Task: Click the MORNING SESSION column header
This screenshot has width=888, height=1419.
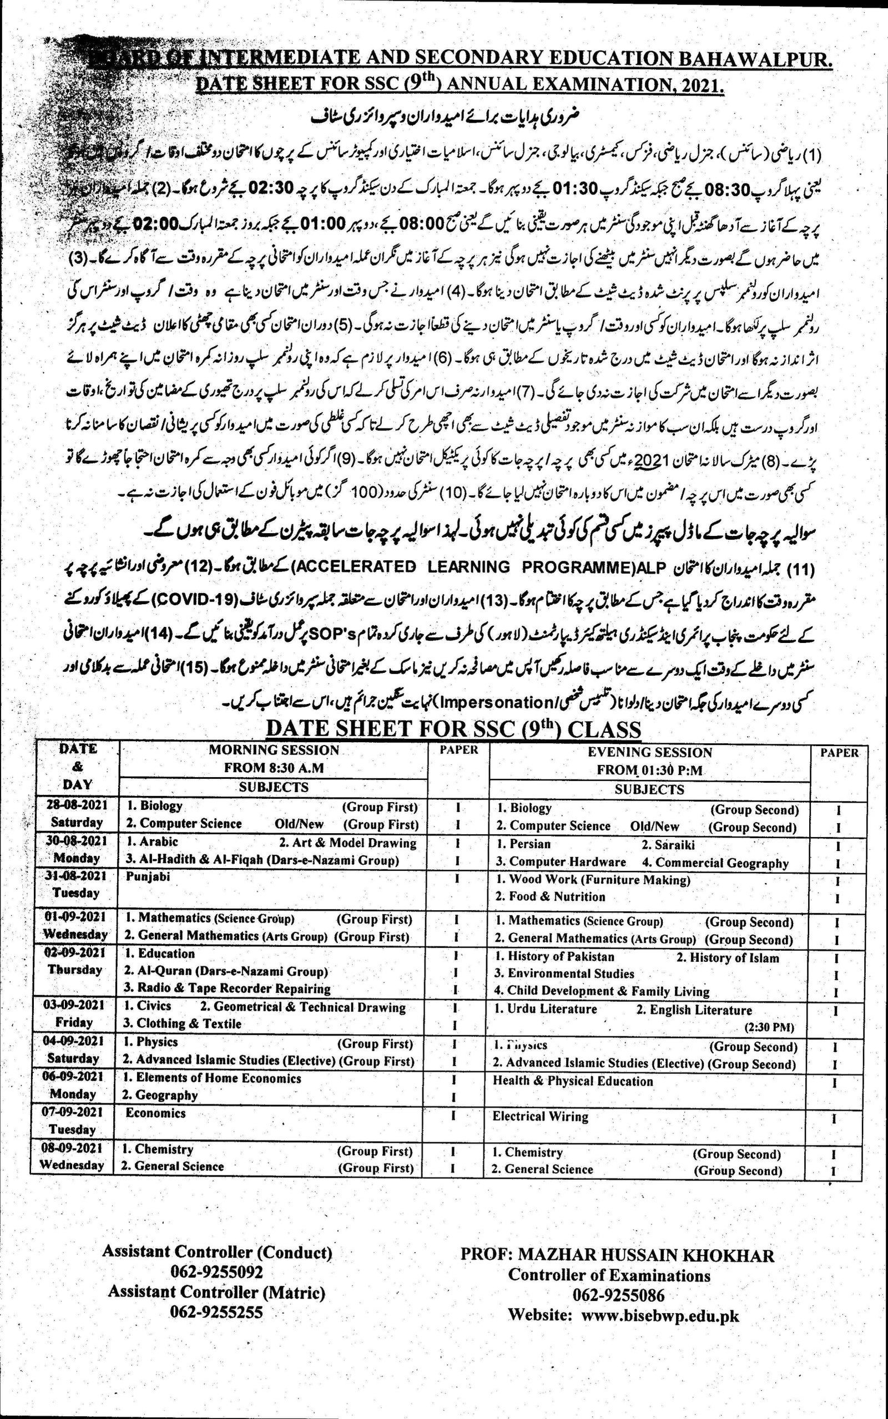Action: point(274,750)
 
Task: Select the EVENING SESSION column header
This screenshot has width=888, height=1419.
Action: point(649,752)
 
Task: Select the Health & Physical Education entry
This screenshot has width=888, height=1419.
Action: point(573,1081)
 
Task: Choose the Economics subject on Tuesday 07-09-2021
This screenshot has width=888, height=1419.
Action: point(155,1113)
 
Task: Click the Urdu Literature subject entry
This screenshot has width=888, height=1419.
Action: point(546,1009)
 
